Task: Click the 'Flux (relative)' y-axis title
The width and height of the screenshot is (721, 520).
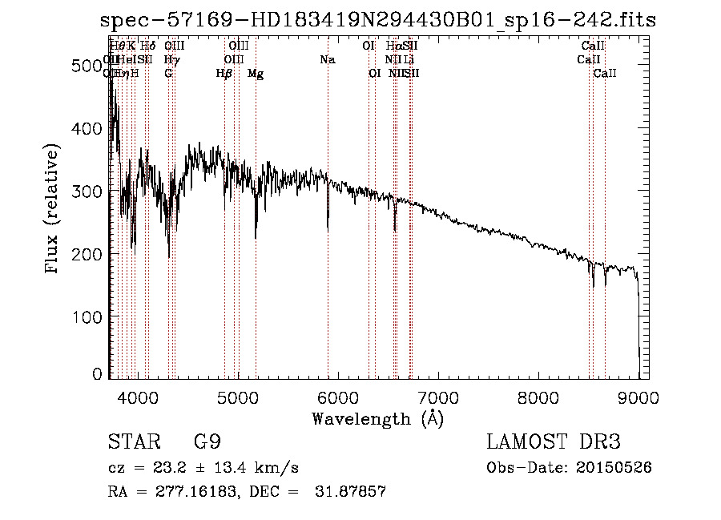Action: [54, 210]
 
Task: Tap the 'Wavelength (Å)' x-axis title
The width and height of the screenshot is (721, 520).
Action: [377, 418]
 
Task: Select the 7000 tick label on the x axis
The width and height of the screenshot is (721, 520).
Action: [438, 396]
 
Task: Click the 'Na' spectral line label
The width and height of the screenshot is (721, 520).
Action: [327, 60]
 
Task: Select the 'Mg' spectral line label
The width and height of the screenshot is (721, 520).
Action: [256, 74]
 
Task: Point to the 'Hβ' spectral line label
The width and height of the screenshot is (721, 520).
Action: [224, 74]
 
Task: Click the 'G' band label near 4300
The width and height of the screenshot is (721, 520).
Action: [168, 74]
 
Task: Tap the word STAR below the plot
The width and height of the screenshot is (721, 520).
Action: [130, 441]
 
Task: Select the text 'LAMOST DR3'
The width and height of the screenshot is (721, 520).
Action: [553, 441]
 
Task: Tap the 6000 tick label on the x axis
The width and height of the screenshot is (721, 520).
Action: [338, 396]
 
